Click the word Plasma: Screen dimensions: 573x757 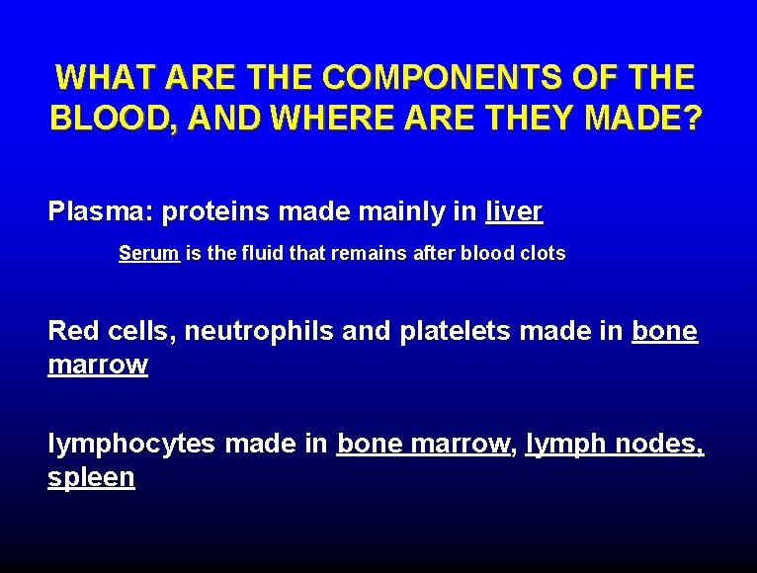[x=100, y=211]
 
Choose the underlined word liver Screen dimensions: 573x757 [x=513, y=211]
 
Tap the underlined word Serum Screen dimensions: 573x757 [x=148, y=253]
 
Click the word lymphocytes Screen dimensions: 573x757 [x=130, y=445]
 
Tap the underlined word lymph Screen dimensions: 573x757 [x=565, y=445]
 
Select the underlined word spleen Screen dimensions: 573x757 [x=91, y=478]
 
